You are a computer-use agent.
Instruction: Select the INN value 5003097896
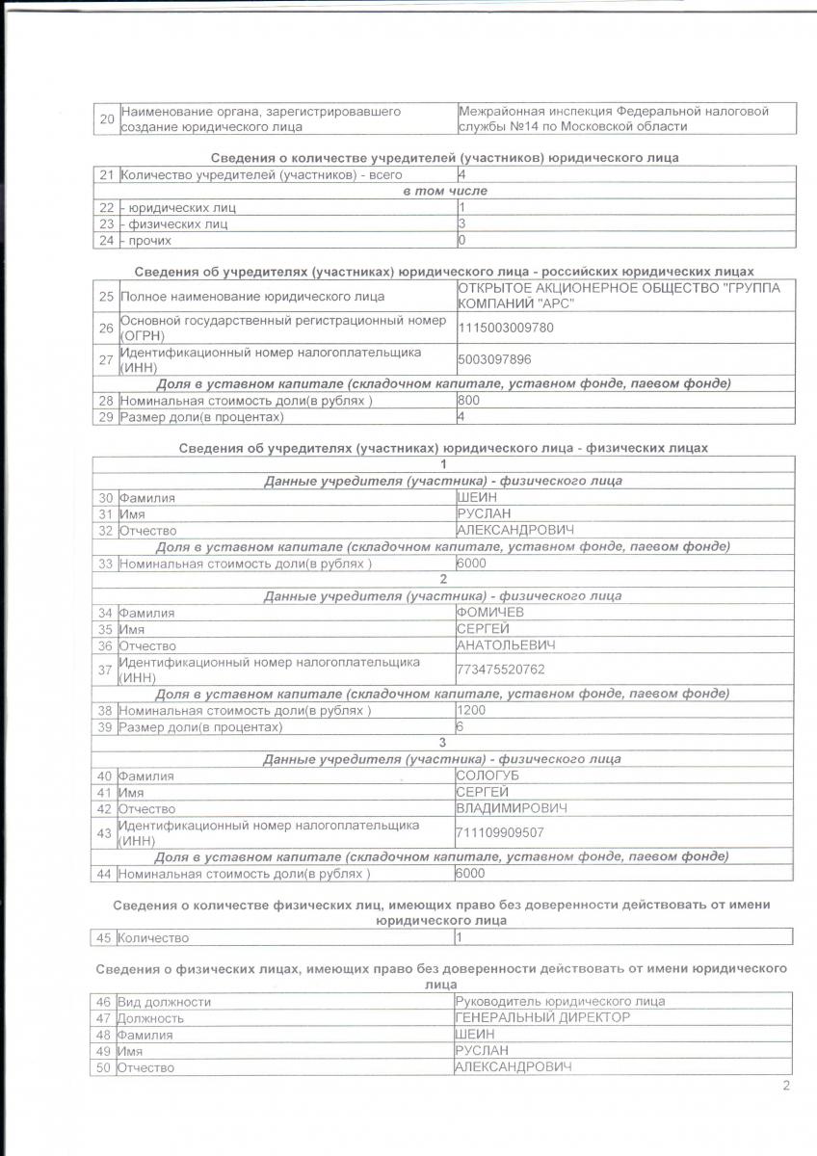point(497,359)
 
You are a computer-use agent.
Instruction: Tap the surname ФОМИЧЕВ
point(490,612)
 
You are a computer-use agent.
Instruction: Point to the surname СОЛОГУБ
point(489,775)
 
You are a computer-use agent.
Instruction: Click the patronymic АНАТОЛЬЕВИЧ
point(506,644)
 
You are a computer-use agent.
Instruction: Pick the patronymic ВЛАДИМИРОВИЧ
point(511,808)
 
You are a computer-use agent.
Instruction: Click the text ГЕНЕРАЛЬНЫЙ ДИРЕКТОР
point(542,1017)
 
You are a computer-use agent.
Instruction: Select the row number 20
point(106,119)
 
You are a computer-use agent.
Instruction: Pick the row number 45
point(105,937)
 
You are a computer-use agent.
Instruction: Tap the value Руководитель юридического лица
point(559,1002)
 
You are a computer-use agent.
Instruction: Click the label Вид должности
point(163,1002)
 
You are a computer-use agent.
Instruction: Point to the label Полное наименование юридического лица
point(251,296)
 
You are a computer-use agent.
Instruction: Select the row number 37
point(105,669)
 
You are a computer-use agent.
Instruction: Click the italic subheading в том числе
point(444,191)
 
